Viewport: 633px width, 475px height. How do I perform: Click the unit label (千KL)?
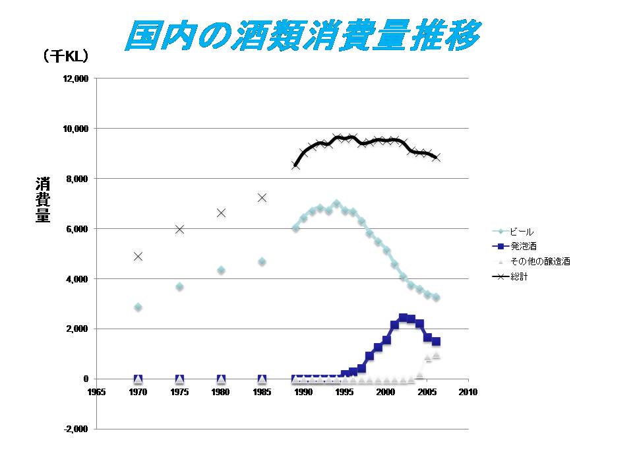point(65,57)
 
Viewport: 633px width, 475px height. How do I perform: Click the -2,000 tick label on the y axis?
point(76,429)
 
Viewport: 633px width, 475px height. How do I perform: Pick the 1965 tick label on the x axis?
point(96,392)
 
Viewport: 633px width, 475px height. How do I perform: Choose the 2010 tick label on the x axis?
point(468,392)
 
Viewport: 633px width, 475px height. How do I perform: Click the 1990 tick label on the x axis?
point(303,392)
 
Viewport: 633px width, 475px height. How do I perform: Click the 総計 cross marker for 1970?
point(138,256)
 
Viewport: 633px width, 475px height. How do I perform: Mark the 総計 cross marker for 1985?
point(262,197)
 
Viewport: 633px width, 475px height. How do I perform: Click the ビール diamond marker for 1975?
point(179,287)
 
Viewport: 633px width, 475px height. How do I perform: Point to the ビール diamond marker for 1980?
point(221,270)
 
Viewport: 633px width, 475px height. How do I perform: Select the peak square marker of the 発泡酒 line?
point(403,317)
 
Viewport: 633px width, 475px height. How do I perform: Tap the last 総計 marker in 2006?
point(436,157)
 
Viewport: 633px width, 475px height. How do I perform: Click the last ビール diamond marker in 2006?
point(436,298)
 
